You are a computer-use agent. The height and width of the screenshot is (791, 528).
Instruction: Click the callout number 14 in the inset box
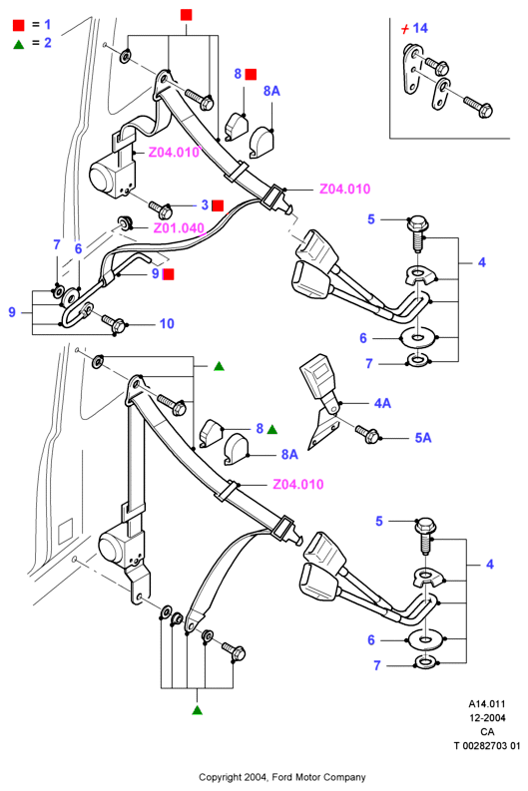[x=420, y=28]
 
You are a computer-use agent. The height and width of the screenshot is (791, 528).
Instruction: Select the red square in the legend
[x=19, y=25]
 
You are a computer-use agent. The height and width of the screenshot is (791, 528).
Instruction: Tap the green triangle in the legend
[x=19, y=44]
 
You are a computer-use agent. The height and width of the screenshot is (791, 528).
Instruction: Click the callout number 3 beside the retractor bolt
[x=205, y=204]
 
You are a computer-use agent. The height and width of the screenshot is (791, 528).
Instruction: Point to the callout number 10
[x=167, y=323]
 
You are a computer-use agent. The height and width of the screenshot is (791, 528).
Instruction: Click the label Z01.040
[x=179, y=228]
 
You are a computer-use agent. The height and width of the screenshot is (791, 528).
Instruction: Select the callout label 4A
[x=382, y=403]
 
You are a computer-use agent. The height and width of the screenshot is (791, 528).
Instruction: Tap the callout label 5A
[x=423, y=438]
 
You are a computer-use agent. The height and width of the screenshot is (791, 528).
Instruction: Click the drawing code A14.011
[x=487, y=704]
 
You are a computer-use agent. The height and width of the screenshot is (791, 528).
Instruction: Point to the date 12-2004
[x=487, y=718]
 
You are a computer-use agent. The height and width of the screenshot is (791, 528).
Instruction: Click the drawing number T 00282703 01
[x=487, y=745]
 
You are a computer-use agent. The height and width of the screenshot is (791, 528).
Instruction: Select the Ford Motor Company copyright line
[x=281, y=777]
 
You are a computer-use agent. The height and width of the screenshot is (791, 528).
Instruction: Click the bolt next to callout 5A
[x=367, y=434]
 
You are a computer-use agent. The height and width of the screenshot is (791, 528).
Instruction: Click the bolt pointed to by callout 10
[x=113, y=323]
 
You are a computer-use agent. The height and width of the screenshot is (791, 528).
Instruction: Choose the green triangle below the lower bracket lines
[x=198, y=710]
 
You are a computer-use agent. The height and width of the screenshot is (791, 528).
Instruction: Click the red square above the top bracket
[x=187, y=15]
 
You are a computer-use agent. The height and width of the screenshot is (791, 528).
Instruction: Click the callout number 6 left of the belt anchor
[x=78, y=248]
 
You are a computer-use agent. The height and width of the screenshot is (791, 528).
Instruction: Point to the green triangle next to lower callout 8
[x=272, y=429]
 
